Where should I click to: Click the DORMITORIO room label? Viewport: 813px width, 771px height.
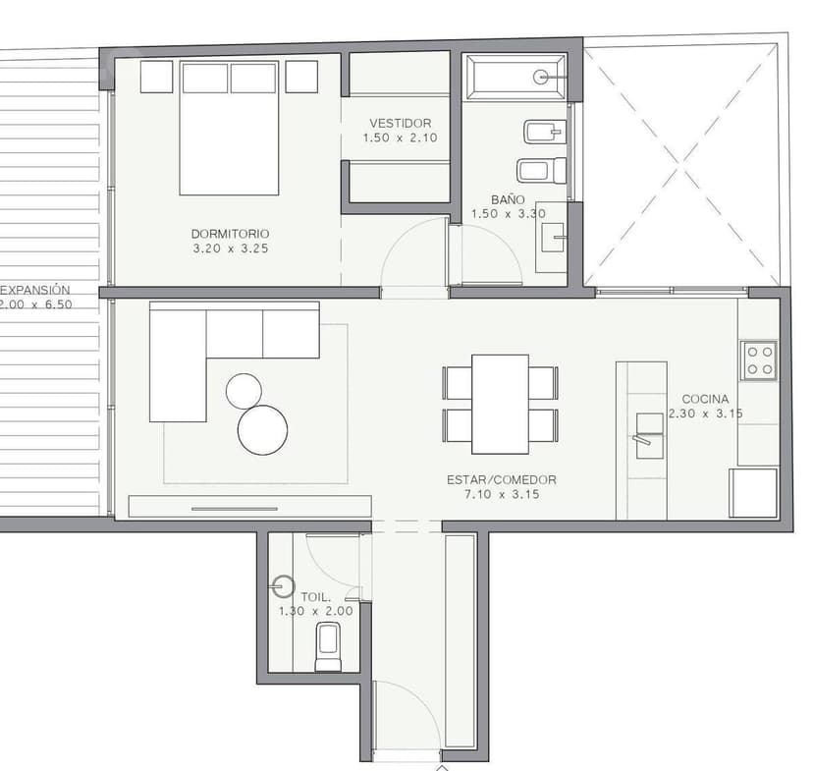point(230,234)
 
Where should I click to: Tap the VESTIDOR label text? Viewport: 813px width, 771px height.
point(401,124)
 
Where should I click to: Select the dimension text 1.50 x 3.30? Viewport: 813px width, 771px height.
point(509,213)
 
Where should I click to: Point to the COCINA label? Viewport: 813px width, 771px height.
point(705,399)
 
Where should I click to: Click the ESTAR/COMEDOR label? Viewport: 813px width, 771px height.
point(502,480)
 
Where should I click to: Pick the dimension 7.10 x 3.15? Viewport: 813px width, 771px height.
point(502,495)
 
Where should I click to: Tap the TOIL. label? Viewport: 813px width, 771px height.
point(315,597)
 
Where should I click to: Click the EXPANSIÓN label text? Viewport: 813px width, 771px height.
point(34,290)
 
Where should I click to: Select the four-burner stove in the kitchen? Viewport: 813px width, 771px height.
point(759,360)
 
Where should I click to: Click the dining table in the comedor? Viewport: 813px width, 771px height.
point(501,405)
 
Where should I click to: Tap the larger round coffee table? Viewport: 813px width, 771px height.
point(262,430)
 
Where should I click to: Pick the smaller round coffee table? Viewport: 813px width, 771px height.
point(244,391)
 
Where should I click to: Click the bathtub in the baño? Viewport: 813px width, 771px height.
point(515,77)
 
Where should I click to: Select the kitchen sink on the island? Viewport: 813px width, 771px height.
point(649,435)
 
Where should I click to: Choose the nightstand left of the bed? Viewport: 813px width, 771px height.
point(156,77)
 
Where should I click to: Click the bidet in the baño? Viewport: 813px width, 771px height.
point(544,132)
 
